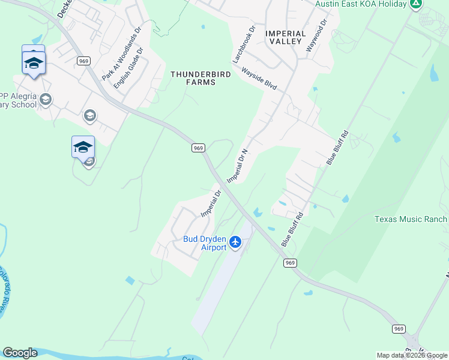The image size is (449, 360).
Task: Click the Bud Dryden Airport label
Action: click(205, 243)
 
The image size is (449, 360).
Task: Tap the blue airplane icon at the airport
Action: click(235, 242)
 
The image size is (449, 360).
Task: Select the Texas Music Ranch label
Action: click(411, 219)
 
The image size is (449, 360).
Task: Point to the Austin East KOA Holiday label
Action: click(361, 4)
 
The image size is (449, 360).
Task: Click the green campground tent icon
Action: click(415, 4)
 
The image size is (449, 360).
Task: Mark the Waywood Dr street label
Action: click(316, 35)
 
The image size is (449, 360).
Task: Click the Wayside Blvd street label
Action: click(259, 79)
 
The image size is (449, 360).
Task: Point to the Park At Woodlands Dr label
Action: click(121, 54)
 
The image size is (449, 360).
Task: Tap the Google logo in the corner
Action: click(20, 353)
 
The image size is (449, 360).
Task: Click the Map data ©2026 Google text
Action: click(412, 355)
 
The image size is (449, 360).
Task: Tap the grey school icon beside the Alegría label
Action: click(46, 99)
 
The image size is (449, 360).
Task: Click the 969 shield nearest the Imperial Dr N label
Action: click(199, 148)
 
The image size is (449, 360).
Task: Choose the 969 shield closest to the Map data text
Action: click(399, 329)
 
